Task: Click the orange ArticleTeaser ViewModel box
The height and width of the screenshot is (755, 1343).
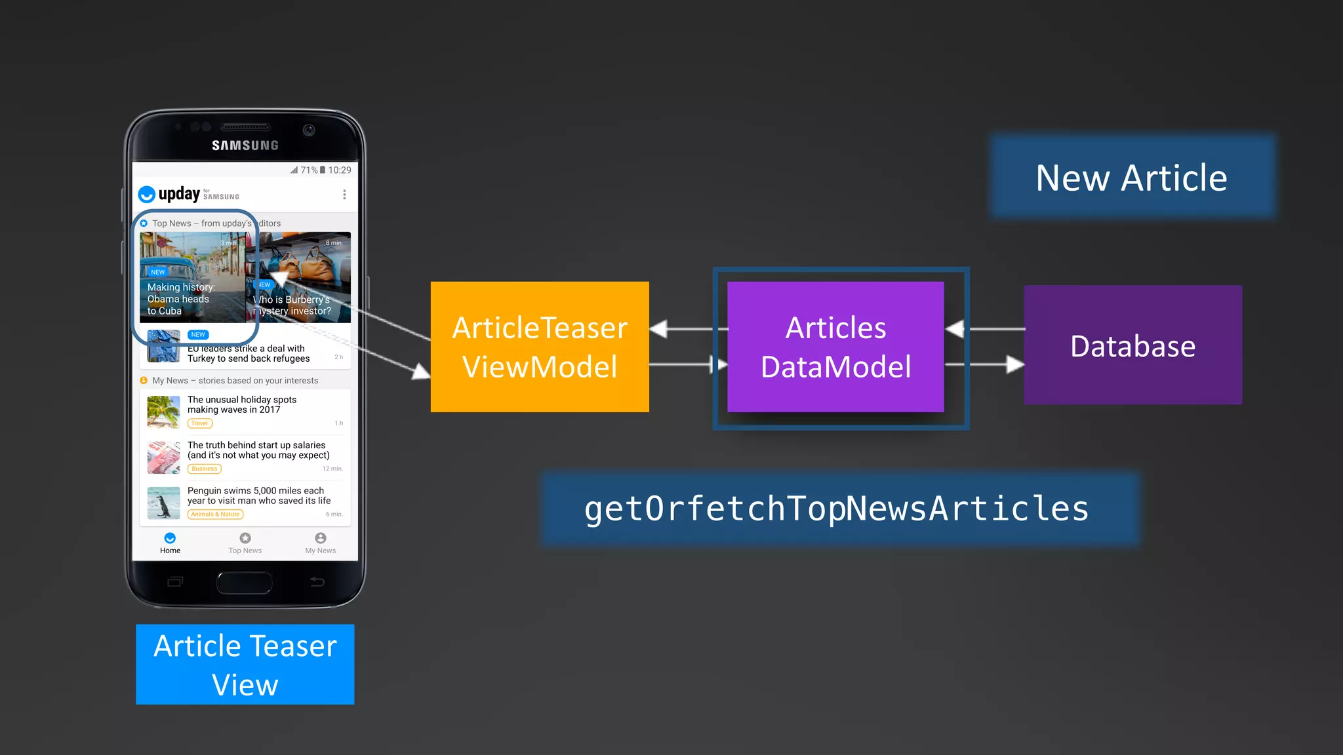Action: point(540,347)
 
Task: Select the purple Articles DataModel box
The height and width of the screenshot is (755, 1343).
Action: point(835,347)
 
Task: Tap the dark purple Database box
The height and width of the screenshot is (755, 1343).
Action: point(1133,345)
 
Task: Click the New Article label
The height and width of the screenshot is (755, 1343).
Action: point(1132,178)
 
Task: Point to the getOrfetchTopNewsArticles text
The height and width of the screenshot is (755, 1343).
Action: point(837,509)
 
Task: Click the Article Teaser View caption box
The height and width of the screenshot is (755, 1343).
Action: point(245,665)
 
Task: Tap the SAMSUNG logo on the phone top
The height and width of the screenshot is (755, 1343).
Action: point(245,145)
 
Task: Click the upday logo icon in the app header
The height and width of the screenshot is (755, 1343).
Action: point(147,195)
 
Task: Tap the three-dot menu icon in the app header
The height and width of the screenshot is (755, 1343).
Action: point(344,195)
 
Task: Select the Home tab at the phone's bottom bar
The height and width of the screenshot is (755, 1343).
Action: point(170,543)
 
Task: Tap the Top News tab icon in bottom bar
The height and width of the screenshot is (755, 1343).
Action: point(245,538)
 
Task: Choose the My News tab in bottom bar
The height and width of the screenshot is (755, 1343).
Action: point(320,543)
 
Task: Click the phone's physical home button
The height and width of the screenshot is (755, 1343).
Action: point(245,582)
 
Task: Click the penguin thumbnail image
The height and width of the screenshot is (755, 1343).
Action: point(163,503)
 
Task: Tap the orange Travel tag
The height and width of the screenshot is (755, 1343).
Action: point(200,423)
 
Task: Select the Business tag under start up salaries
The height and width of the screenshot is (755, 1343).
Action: point(205,469)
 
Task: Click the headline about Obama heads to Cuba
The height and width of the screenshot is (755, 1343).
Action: point(181,299)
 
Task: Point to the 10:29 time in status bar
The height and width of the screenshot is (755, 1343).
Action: point(340,170)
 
